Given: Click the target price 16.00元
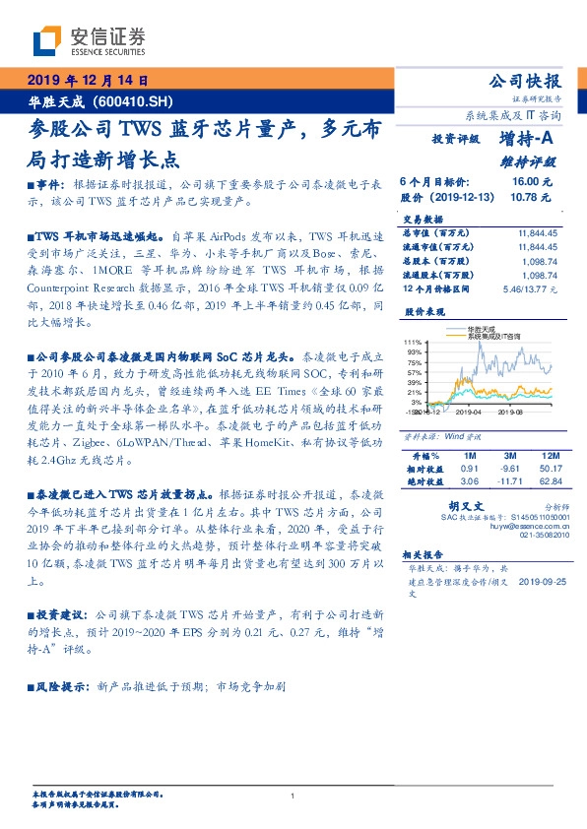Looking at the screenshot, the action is click(532, 183).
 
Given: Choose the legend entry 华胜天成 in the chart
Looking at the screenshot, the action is click(484, 330).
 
